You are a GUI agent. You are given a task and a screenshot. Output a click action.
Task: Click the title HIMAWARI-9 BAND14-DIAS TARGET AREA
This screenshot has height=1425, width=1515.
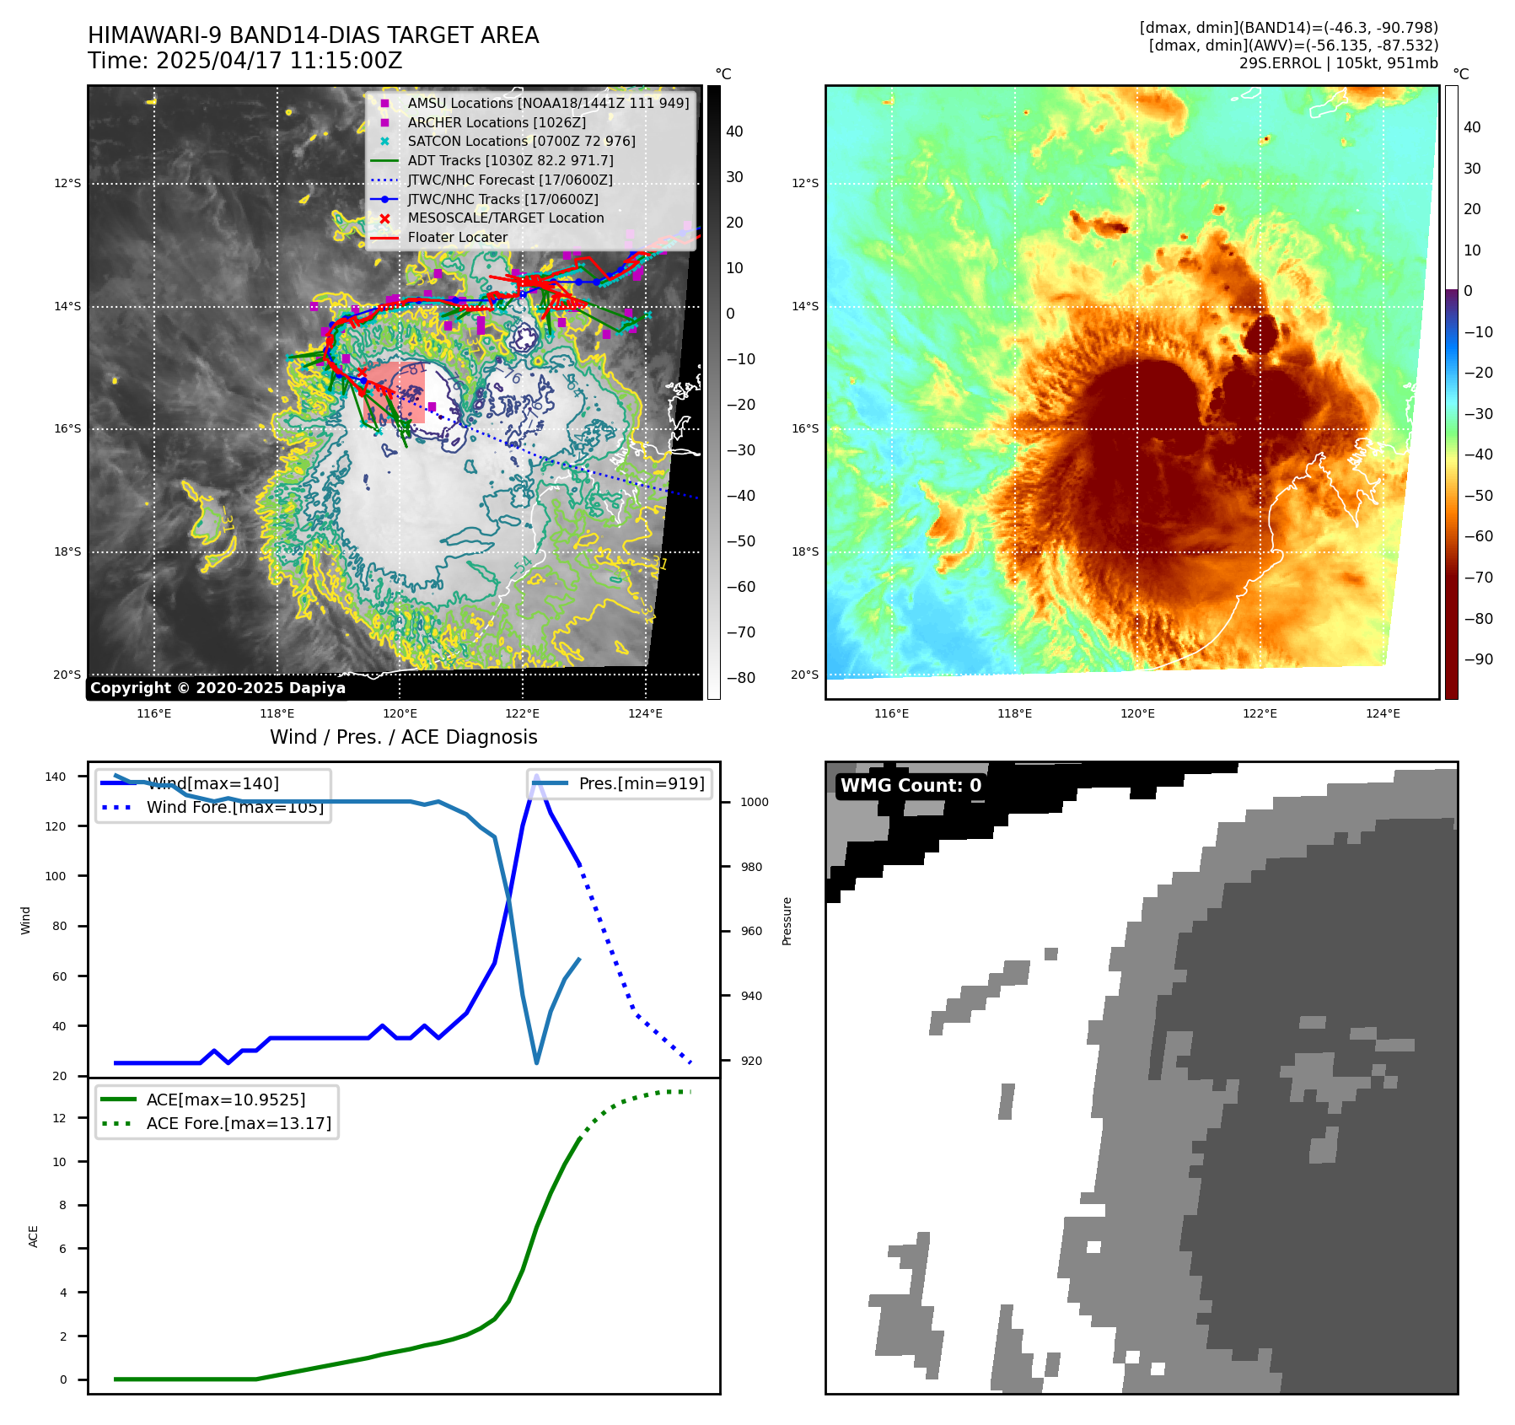pyautogui.click(x=313, y=35)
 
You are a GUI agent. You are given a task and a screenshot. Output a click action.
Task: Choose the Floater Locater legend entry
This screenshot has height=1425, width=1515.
pyautogui.click(x=457, y=238)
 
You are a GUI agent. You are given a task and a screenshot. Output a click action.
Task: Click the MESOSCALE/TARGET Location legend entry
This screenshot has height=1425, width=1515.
pyautogui.click(x=505, y=218)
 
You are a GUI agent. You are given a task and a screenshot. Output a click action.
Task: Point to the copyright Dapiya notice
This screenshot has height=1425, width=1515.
pyautogui.click(x=218, y=688)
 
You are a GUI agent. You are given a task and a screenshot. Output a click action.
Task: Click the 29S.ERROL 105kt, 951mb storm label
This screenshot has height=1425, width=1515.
pyautogui.click(x=1338, y=63)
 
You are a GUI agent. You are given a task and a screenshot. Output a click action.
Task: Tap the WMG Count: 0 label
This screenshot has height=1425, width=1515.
pyautogui.click(x=911, y=786)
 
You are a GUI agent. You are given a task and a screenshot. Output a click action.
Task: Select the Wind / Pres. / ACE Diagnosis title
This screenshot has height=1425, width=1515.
pyautogui.click(x=403, y=737)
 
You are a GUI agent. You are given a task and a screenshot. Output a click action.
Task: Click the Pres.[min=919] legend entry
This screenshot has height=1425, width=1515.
pyautogui.click(x=641, y=783)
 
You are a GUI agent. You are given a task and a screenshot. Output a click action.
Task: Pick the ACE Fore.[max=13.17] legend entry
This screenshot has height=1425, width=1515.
pyautogui.click(x=239, y=1123)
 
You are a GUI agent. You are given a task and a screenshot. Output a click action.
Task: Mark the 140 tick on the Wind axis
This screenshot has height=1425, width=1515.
pyautogui.click(x=56, y=777)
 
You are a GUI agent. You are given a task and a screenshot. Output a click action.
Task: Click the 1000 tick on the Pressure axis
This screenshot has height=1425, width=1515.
pyautogui.click(x=754, y=802)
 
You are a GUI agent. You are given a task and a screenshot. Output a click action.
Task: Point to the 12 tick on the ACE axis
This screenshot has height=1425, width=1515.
pyautogui.click(x=59, y=1118)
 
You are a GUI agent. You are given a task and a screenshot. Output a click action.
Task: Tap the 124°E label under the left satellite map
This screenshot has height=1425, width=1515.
pyautogui.click(x=645, y=713)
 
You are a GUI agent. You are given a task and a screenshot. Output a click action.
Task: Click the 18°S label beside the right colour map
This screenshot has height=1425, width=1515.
pyautogui.click(x=804, y=551)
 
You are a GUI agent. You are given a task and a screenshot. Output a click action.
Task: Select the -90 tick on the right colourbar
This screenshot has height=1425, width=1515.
pyautogui.click(x=1478, y=659)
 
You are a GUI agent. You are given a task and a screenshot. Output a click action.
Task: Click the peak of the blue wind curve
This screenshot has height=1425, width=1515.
pyautogui.click(x=536, y=777)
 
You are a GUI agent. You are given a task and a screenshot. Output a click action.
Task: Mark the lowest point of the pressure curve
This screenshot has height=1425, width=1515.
pyautogui.click(x=537, y=1062)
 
